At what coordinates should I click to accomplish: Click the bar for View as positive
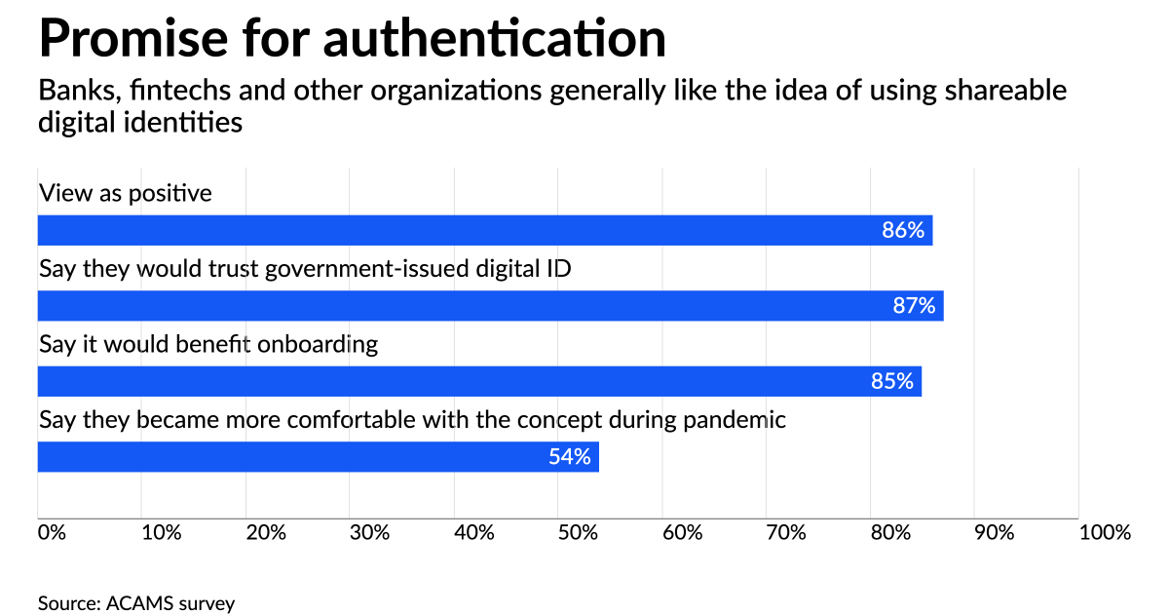tap(484, 231)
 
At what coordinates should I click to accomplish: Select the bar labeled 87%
tap(490, 306)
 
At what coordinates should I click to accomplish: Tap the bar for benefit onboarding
tap(479, 381)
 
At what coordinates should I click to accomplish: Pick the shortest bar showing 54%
tap(318, 456)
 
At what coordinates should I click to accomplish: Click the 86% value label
tap(902, 231)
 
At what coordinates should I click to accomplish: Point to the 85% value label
tap(891, 381)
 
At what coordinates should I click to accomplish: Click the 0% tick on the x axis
tap(52, 533)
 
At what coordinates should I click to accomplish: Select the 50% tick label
tap(579, 533)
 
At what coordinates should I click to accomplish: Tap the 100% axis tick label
tap(1105, 533)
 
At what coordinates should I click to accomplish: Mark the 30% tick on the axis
tap(370, 533)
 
